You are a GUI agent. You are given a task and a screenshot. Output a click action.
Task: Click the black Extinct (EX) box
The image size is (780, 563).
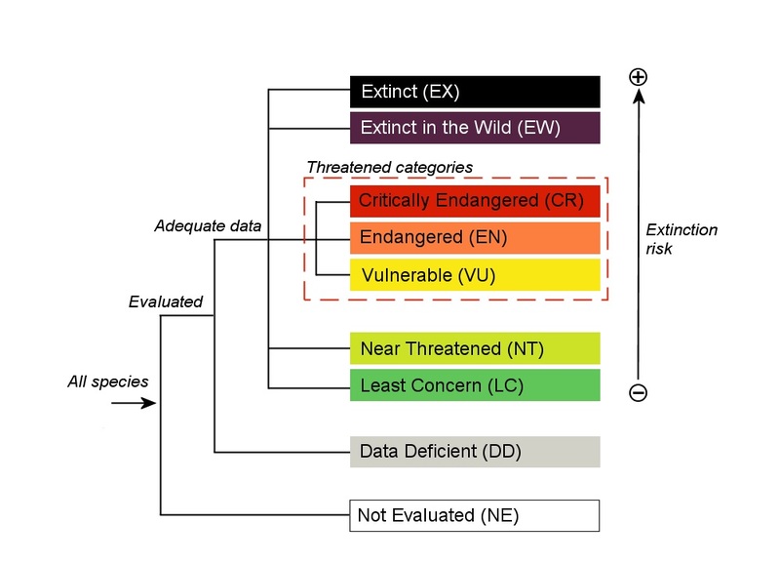pyautogui.click(x=475, y=92)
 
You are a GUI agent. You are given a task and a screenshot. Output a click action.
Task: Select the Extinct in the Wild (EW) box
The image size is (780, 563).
pyautogui.click(x=475, y=128)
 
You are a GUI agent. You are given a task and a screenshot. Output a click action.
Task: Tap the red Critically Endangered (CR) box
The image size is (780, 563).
pyautogui.click(x=475, y=200)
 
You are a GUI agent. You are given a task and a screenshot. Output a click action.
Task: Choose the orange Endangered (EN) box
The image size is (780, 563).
pyautogui.click(x=475, y=237)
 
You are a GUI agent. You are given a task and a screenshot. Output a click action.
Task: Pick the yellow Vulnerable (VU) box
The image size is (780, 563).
pyautogui.click(x=475, y=275)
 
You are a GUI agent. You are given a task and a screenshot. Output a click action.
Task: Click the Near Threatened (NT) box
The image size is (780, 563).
pyautogui.click(x=475, y=348)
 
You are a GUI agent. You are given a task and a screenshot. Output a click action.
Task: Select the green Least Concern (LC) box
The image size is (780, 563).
pyautogui.click(x=475, y=385)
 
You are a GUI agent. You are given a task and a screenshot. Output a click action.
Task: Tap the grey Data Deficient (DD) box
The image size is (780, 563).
pyautogui.click(x=475, y=452)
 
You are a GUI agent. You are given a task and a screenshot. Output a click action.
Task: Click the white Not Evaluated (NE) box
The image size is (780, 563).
pyautogui.click(x=475, y=515)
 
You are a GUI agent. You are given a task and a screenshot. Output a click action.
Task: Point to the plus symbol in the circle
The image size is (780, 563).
pyautogui.click(x=639, y=76)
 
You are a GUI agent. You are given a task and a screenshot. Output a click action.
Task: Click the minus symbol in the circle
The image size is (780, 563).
pyautogui.click(x=639, y=392)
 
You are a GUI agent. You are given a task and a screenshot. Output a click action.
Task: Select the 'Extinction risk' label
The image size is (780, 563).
pyautogui.click(x=682, y=239)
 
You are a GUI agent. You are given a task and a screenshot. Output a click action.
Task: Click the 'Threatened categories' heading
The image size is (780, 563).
pyautogui.click(x=389, y=168)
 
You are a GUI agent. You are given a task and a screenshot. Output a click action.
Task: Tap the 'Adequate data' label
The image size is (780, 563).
pyautogui.click(x=208, y=226)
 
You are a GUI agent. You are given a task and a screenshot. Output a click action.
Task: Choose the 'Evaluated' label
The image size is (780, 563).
pyautogui.click(x=166, y=302)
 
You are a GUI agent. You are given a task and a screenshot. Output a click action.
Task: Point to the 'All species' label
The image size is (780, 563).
pyautogui.click(x=108, y=382)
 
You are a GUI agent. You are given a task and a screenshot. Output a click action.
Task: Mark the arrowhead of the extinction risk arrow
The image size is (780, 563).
pyautogui.click(x=639, y=97)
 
